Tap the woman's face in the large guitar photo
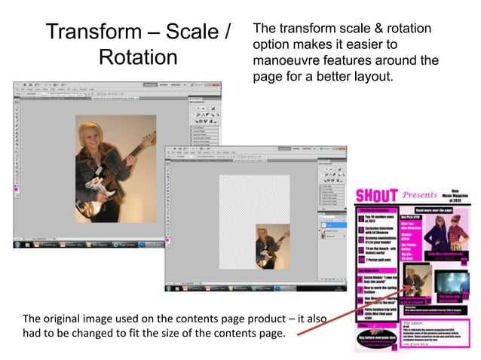tap(103, 139)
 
